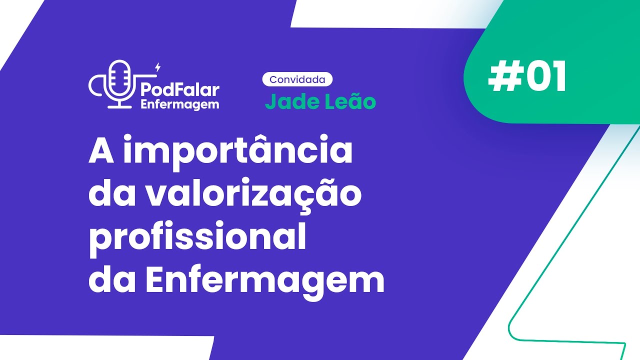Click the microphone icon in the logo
pyautogui.click(x=119, y=83)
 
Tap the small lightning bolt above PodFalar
pyautogui.click(x=158, y=66)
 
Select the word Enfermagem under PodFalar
pyautogui.click(x=180, y=104)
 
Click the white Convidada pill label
pyautogui.click(x=297, y=79)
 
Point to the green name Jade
pyautogui.click(x=289, y=101)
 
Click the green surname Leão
pyautogui.click(x=351, y=101)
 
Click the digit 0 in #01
pyautogui.click(x=534, y=78)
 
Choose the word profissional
pyautogui.click(x=197, y=238)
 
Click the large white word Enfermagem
pyautogui.click(x=265, y=280)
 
